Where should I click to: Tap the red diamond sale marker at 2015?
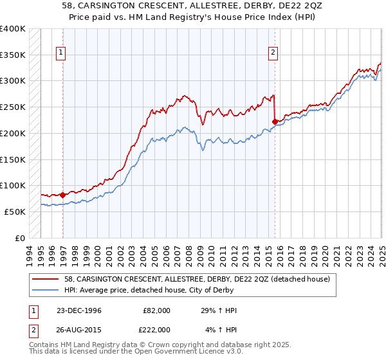click(275, 121)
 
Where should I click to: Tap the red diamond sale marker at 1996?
click(62, 194)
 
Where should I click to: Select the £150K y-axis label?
click(13, 159)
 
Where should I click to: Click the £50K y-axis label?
click(15, 212)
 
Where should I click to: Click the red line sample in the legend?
click(47, 278)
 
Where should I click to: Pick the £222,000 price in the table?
click(156, 329)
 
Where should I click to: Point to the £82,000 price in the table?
click(156, 310)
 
